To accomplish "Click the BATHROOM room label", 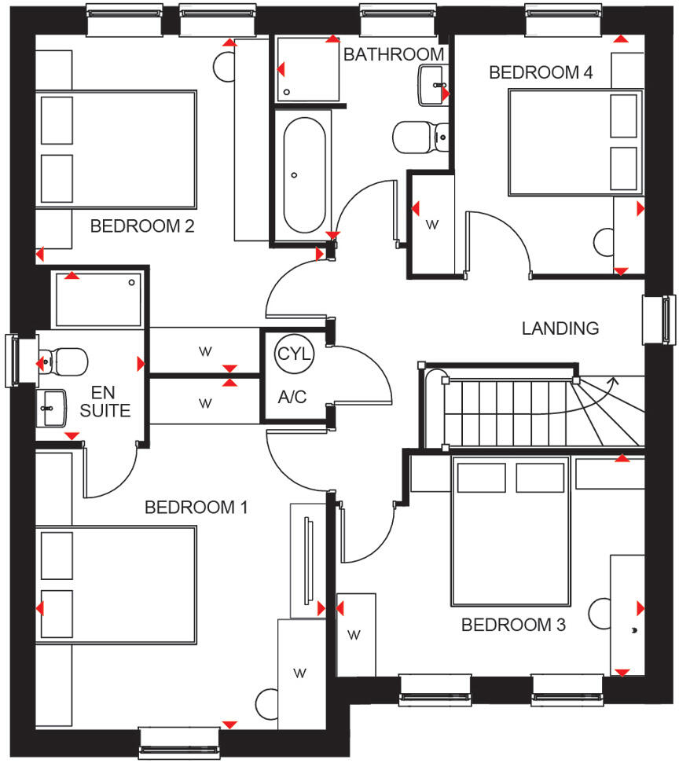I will (x=394, y=54).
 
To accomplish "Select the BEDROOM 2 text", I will (x=142, y=226).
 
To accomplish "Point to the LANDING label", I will (x=560, y=328).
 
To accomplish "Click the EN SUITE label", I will (x=111, y=401).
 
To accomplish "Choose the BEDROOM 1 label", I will (x=196, y=508).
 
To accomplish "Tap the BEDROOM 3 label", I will (x=513, y=625).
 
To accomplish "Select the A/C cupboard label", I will (x=292, y=398).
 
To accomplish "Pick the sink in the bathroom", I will (x=432, y=85).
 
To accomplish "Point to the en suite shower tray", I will (x=98, y=299).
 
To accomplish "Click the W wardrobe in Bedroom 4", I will (x=431, y=225).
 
